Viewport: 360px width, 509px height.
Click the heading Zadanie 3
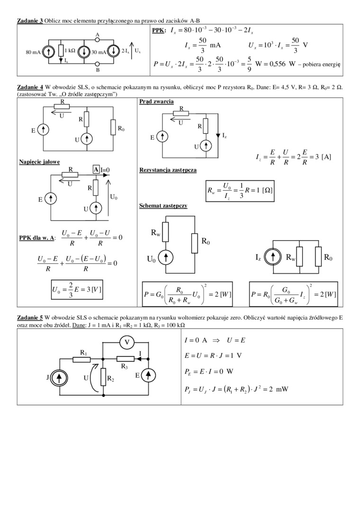tap(30, 21)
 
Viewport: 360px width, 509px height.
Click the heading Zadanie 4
tap(30, 87)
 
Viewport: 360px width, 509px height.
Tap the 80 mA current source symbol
tap(48, 52)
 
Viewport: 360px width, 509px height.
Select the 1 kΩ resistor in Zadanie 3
tap(61, 51)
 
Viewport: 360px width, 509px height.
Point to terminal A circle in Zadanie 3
tap(97, 40)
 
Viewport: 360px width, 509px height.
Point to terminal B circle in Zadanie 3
tap(97, 63)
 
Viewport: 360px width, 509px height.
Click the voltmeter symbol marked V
tap(126, 342)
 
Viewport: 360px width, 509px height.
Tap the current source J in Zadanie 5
tap(60, 377)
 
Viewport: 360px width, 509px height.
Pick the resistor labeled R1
tap(81, 359)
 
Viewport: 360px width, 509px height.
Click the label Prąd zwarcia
tap(156, 102)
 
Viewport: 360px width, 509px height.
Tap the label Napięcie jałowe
tap(39, 162)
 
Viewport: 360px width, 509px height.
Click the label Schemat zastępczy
tap(163, 206)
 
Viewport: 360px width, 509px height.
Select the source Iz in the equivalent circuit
tap(273, 258)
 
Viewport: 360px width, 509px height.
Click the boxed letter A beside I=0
tap(96, 170)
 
